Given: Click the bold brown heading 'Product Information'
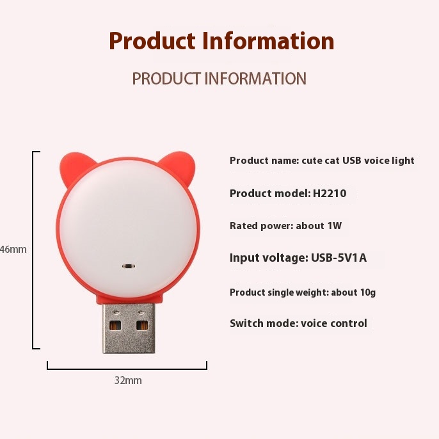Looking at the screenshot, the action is (x=221, y=41).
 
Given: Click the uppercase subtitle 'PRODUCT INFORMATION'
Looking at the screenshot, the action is (x=219, y=79).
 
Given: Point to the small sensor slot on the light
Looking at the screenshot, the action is (x=129, y=266).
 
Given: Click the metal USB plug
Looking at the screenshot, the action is (x=129, y=328).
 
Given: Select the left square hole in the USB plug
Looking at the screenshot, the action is (x=115, y=325).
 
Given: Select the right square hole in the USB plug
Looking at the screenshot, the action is (x=142, y=325).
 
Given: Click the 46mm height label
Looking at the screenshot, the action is (x=13, y=249).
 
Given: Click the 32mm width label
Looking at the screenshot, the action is (x=128, y=381).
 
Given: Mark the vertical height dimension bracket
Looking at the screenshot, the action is (x=33, y=250).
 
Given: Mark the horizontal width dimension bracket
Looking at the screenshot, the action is (x=127, y=369).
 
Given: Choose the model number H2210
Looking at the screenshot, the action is (x=330, y=193).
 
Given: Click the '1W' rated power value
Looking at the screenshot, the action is (x=335, y=226).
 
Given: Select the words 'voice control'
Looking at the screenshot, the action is (x=334, y=323).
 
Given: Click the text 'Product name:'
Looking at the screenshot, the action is (x=264, y=161).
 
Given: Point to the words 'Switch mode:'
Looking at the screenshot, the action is (x=264, y=323).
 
